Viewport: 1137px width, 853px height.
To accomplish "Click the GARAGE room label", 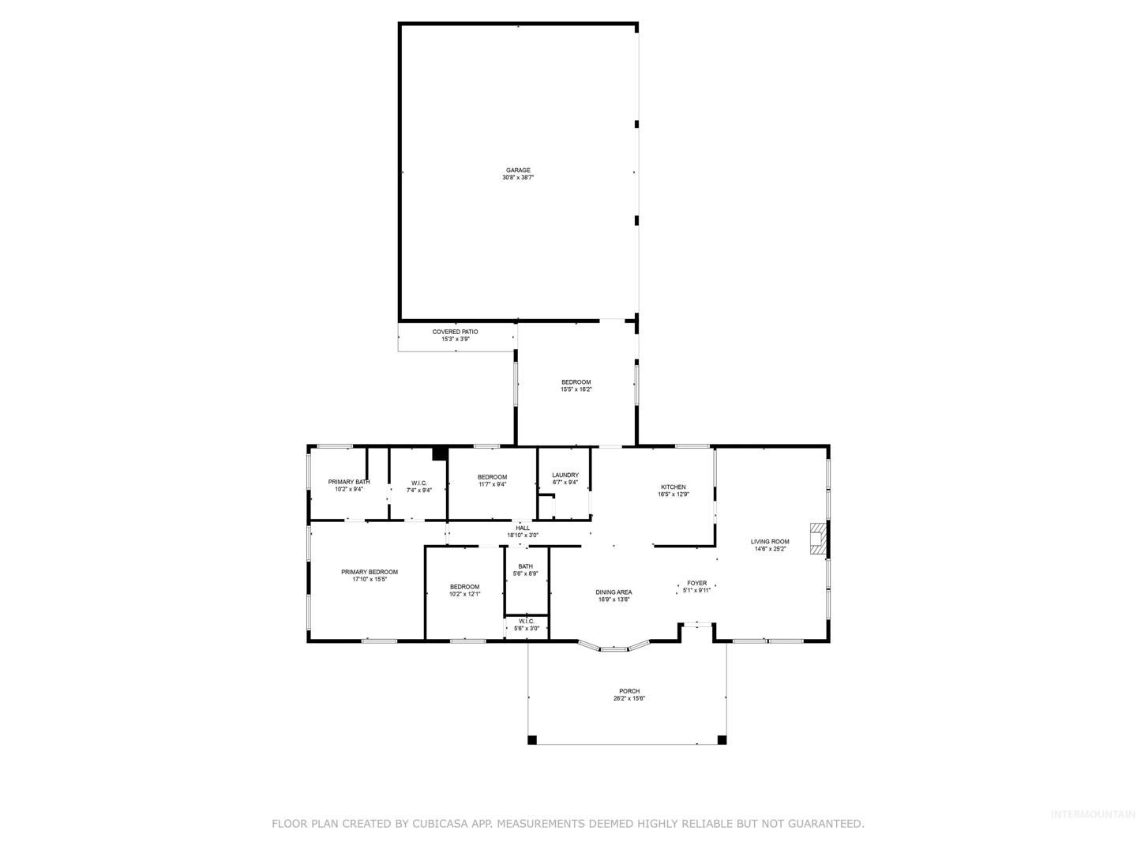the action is (x=518, y=171).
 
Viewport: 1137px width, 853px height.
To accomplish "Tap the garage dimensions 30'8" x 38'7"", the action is (x=518, y=178).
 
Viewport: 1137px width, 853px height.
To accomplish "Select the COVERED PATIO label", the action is (x=456, y=332).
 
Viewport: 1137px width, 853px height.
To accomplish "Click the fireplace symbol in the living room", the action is (x=818, y=539).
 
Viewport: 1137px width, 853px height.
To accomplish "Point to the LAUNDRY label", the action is (x=565, y=475).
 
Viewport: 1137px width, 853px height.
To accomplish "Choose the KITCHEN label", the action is (x=674, y=487).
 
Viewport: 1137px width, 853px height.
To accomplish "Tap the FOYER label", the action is (x=696, y=583).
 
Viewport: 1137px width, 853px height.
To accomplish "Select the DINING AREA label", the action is (x=614, y=592).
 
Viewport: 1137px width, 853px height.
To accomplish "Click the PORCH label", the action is (x=629, y=691).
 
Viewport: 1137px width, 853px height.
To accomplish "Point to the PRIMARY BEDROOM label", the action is (x=370, y=573).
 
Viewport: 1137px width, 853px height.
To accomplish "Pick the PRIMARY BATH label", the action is (x=349, y=482).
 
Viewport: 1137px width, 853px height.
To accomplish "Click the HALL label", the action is (x=523, y=528).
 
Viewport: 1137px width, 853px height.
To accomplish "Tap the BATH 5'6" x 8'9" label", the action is (x=525, y=569).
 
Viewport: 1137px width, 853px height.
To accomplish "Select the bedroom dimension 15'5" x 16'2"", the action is (x=576, y=389).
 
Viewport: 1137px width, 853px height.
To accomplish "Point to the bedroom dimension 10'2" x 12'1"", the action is (x=464, y=594).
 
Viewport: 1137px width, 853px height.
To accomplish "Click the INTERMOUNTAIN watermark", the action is (x=1093, y=814).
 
